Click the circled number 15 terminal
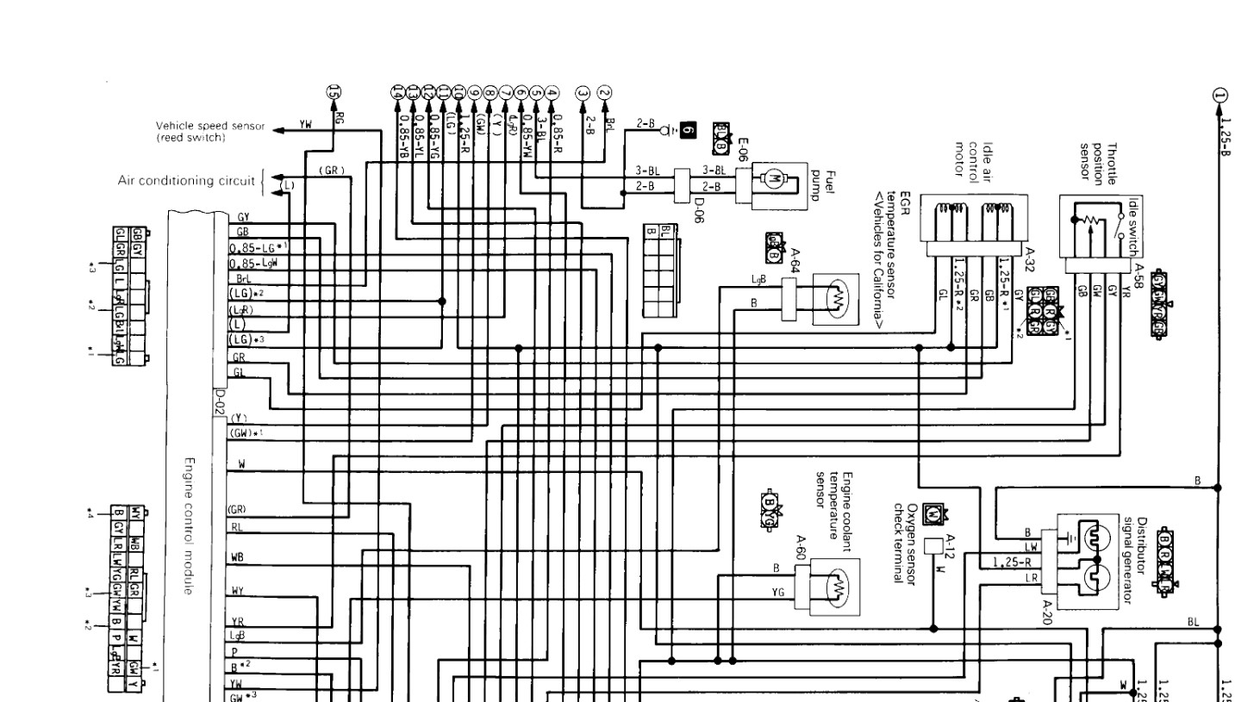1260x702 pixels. click(x=334, y=92)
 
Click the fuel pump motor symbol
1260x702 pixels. click(x=773, y=179)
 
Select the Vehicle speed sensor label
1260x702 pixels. click(x=210, y=131)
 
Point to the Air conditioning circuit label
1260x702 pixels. click(x=186, y=181)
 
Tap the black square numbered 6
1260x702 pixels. click(x=686, y=131)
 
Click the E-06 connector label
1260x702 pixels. click(x=743, y=149)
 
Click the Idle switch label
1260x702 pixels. click(x=1133, y=227)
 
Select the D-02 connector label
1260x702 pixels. click(x=219, y=401)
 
